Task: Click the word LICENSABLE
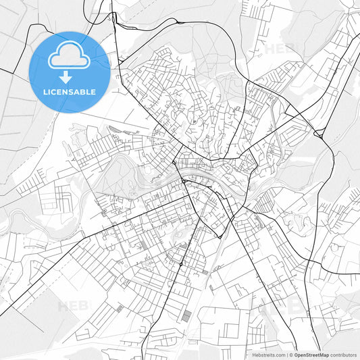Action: tap(70, 92)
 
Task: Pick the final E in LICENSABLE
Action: tap(93, 92)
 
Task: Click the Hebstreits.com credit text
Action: tap(267, 354)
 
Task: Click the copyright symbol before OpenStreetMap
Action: tap(290, 354)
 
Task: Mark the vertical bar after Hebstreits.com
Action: tap(286, 354)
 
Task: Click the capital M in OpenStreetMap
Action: tap(323, 354)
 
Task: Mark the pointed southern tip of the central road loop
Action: tap(220, 237)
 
